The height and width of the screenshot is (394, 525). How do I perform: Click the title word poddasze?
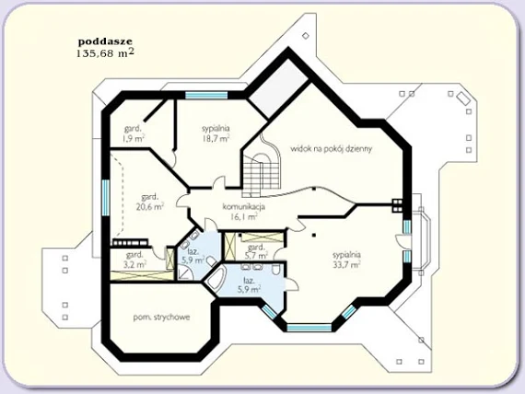pyautogui.click(x=105, y=42)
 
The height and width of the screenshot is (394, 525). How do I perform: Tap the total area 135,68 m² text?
pyautogui.click(x=106, y=52)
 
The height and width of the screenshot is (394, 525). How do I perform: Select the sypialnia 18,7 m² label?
pyautogui.click(x=216, y=133)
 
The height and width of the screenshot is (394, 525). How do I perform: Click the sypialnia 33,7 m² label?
pyautogui.click(x=347, y=260)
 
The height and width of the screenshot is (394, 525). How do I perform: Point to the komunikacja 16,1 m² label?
pyautogui.click(x=244, y=212)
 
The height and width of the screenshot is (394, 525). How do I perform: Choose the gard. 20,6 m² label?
pyautogui.click(x=149, y=202)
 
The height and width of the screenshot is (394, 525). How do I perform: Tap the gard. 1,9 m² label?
pyautogui.click(x=134, y=133)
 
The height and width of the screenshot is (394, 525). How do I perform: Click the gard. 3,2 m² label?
pyautogui.click(x=134, y=260)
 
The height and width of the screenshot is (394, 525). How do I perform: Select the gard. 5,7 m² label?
pyautogui.click(x=256, y=251)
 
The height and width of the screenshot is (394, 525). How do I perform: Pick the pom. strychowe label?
pyautogui.click(x=161, y=317)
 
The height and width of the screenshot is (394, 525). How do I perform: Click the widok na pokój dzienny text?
pyautogui.click(x=332, y=148)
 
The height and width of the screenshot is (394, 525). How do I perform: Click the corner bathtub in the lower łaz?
pyautogui.click(x=215, y=277)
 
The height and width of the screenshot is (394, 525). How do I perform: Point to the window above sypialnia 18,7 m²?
pyautogui.click(x=206, y=95)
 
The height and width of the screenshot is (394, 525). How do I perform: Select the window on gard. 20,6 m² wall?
pyautogui.click(x=106, y=198)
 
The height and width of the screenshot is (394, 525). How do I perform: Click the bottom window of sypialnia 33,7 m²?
pyautogui.click(x=309, y=328)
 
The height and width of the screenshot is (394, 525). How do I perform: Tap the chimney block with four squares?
pyautogui.click(x=397, y=205)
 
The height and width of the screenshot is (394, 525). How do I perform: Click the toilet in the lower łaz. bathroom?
pyautogui.click(x=276, y=269)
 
